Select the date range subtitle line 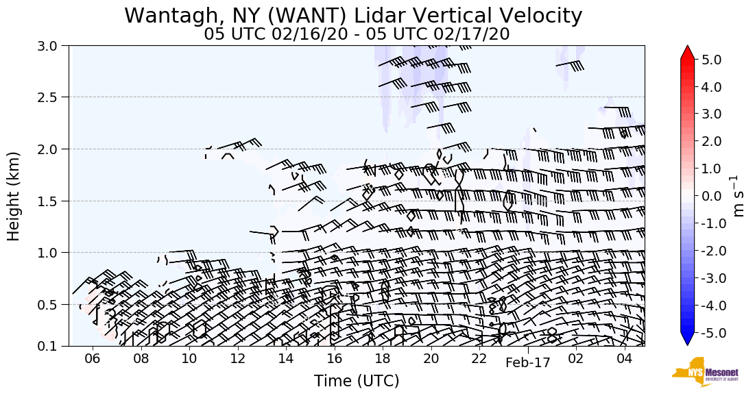tap(357, 34)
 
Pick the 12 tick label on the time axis tap(237, 359)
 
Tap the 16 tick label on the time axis tap(334, 359)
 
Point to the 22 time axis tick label tap(479, 359)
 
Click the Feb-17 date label tap(528, 364)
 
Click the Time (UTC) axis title tap(357, 382)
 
